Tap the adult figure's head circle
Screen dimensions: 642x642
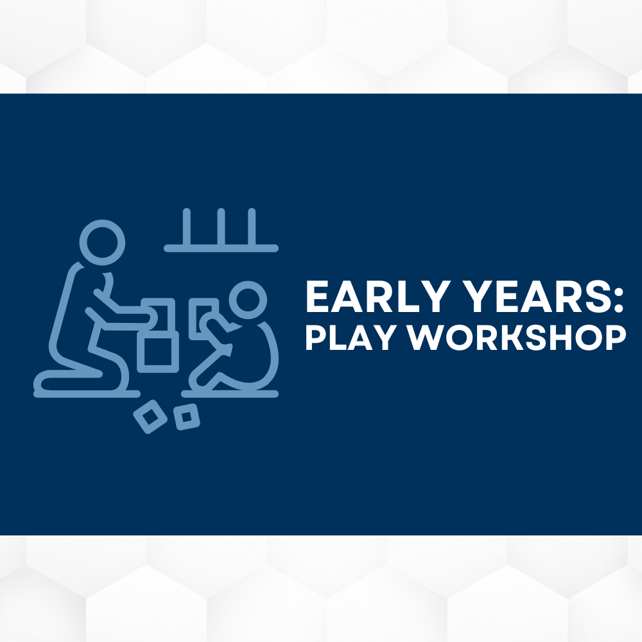(x=102, y=243)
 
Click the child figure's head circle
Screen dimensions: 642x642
(x=248, y=300)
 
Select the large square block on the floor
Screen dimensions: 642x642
(x=158, y=351)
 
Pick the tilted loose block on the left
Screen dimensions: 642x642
(x=150, y=417)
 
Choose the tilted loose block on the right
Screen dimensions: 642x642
(x=186, y=417)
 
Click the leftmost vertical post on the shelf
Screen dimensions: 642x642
(x=187, y=227)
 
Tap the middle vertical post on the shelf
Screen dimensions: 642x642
(x=221, y=227)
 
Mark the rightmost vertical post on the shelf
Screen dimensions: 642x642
(x=252, y=227)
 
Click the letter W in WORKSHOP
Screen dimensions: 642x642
(x=425, y=338)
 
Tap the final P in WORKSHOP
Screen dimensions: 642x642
(x=617, y=338)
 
